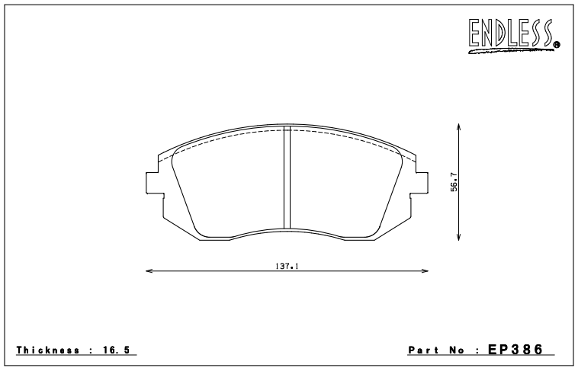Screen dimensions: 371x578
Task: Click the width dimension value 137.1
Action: [286, 266]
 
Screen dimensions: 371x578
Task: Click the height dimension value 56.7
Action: [453, 184]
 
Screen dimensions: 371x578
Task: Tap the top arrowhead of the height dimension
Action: [458, 129]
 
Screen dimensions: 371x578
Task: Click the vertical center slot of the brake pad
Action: [287, 179]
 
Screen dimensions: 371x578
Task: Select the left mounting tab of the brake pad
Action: [150, 183]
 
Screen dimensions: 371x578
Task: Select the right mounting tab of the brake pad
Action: [422, 183]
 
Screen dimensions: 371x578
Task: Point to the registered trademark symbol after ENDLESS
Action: [557, 45]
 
